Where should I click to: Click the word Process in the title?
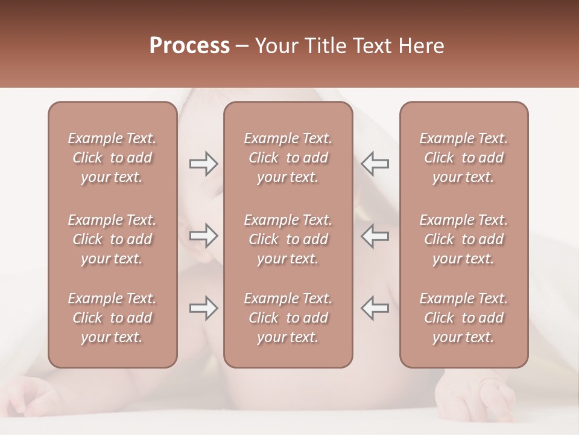click(x=189, y=46)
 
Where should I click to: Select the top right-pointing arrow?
click(x=203, y=164)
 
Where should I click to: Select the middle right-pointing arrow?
click(x=203, y=236)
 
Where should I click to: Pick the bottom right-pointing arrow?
click(x=203, y=308)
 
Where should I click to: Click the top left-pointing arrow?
click(x=375, y=164)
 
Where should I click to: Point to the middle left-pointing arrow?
click(x=375, y=236)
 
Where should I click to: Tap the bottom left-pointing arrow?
click(x=375, y=308)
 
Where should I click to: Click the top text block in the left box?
click(x=112, y=158)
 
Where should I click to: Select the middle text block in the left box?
click(x=112, y=239)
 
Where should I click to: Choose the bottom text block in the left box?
click(x=112, y=318)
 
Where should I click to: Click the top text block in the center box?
click(x=288, y=158)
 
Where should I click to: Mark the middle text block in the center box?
click(x=288, y=239)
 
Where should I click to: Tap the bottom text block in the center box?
click(x=288, y=318)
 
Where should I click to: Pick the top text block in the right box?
click(x=464, y=158)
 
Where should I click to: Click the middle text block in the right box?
click(x=464, y=239)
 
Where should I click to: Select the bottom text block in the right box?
click(x=464, y=318)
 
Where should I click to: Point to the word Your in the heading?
click(x=276, y=46)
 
